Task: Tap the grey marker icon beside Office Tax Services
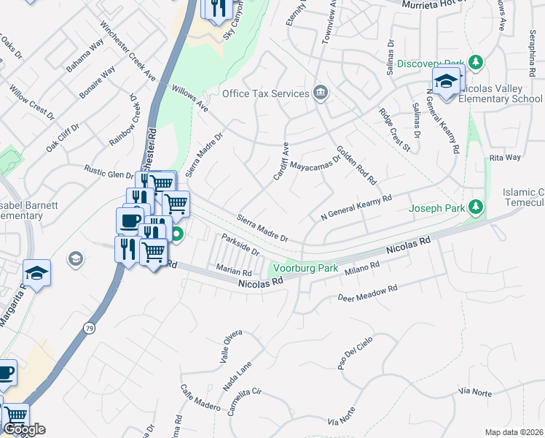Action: [319, 93]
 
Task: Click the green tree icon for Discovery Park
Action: [476, 63]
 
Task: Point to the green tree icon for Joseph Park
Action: [476, 208]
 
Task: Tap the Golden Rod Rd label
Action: [356, 168]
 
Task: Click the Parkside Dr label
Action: [241, 245]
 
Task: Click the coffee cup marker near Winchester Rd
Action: [130, 220]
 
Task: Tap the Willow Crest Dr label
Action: [31, 103]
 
